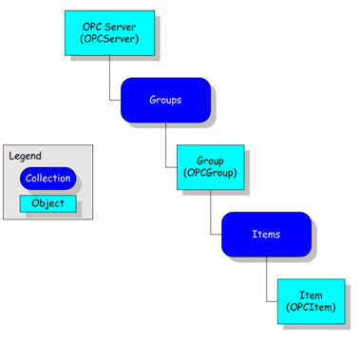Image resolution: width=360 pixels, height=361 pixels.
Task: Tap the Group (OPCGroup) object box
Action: point(210,167)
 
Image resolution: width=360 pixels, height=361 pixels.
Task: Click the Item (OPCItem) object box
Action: point(311,301)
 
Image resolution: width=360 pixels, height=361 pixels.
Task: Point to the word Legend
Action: point(26,156)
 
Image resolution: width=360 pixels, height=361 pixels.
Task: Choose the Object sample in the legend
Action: point(47,203)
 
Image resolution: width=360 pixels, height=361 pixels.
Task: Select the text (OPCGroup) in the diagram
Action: point(210,174)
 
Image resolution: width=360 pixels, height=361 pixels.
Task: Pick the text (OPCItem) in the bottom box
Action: point(311,309)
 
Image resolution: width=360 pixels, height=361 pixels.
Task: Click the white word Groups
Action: point(165,100)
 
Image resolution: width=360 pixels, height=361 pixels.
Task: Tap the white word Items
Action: point(266,234)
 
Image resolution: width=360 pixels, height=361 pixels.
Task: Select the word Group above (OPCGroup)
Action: point(210,161)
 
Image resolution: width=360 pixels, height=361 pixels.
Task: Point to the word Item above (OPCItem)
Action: point(311,295)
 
